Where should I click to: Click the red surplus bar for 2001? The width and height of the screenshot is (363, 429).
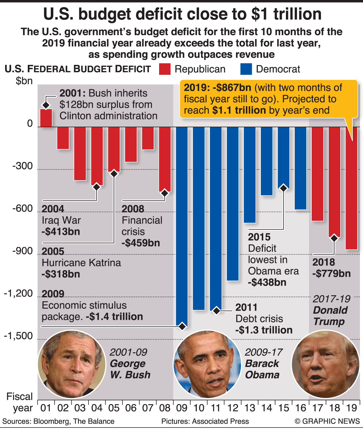[x=46, y=118]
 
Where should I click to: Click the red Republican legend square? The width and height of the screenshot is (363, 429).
[x=165, y=69]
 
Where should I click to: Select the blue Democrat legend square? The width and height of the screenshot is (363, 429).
[x=246, y=69]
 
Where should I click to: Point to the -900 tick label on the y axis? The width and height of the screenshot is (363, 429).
[x=22, y=251]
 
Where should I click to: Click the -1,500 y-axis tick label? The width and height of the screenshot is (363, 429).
[x=18, y=336]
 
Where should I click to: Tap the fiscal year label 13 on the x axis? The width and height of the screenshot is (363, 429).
[x=250, y=408]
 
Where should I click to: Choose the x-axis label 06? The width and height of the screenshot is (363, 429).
[x=131, y=408]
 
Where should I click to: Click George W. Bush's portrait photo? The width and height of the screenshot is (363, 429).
[x=71, y=364]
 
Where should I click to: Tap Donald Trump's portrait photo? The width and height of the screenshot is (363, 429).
[x=326, y=364]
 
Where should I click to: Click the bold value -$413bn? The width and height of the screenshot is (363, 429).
[x=61, y=232]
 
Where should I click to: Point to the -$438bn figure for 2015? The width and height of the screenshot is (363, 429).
[x=267, y=283]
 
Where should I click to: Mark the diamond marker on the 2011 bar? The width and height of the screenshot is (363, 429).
[x=216, y=311]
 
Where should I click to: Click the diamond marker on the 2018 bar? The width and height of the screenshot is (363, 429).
[x=334, y=238]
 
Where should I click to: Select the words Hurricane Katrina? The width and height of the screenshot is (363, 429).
[x=81, y=263]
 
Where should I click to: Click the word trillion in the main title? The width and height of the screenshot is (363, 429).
[x=297, y=14]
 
